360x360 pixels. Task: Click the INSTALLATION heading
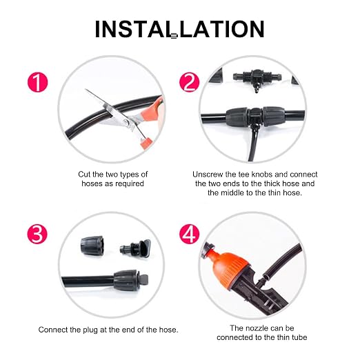[179, 29]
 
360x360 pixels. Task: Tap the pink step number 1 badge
[37, 83]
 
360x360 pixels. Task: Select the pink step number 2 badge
[190, 83]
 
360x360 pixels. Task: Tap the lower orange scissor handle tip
[146, 143]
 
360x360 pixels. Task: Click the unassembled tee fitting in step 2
[257, 79]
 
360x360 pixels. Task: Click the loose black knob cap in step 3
[92, 246]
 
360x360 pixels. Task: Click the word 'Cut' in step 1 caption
[84, 174]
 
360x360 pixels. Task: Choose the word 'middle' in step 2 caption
[232, 192]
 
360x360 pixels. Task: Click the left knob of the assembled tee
[237, 117]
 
